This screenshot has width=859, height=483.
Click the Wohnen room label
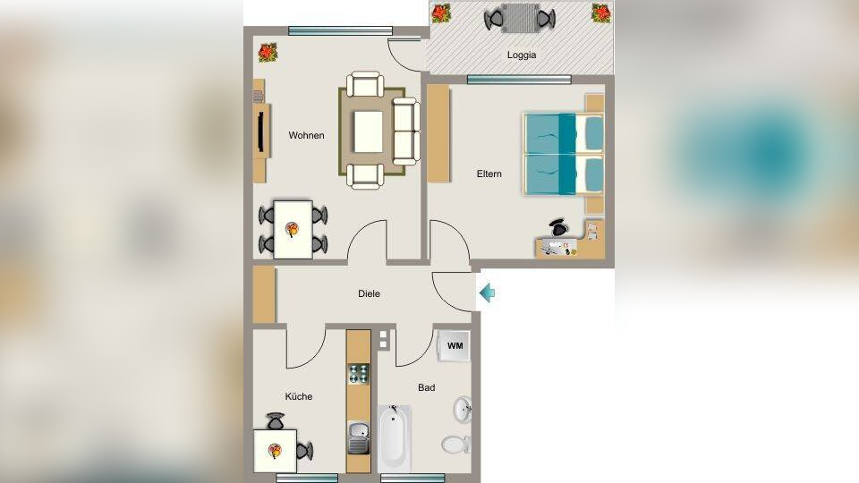[x=306, y=135]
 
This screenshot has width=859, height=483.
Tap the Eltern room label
[x=489, y=174]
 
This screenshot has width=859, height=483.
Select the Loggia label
[x=521, y=55]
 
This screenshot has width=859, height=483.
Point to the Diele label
[x=369, y=293]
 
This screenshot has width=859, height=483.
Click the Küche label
[x=299, y=396]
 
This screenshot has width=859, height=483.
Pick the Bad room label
[x=426, y=387]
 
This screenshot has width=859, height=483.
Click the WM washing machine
[x=455, y=345]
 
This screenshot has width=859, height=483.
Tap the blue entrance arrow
[x=487, y=293]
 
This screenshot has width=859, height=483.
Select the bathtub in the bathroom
[x=395, y=438]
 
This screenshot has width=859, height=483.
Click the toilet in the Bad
[x=455, y=445]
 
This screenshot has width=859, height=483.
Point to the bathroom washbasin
[x=463, y=410]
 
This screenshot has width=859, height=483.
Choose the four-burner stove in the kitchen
[x=359, y=374]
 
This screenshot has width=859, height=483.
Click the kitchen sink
[x=359, y=437]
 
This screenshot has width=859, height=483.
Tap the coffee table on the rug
[x=368, y=131]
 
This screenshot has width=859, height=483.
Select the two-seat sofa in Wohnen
[x=406, y=131]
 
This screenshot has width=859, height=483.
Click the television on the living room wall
[x=262, y=131]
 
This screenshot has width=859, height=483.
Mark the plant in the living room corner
[x=268, y=53]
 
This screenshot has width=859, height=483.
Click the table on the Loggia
[x=520, y=19]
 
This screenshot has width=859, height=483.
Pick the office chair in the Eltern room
[x=559, y=227]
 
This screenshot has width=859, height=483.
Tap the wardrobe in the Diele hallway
[x=264, y=294]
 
